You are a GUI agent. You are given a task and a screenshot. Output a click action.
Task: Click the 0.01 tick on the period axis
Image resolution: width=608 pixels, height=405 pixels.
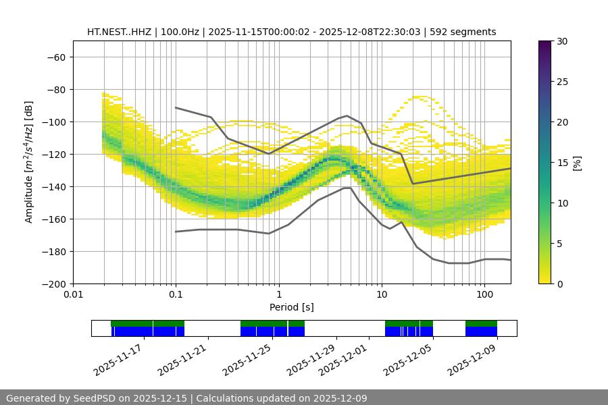click(73, 294)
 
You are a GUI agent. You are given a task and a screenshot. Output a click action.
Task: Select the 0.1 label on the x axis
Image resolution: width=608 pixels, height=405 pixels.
click(176, 294)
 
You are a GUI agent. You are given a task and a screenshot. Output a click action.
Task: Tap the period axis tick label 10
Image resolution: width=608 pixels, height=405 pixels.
click(382, 294)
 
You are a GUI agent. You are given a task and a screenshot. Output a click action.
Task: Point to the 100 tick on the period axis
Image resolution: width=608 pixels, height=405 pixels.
click(484, 294)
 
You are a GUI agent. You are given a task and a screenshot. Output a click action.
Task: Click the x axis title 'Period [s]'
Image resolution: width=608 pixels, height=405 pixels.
click(291, 307)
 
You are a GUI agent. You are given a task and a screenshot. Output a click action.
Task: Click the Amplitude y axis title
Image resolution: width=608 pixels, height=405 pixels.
click(29, 163)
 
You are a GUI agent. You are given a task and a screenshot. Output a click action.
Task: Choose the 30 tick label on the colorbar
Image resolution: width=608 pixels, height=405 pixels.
click(561, 41)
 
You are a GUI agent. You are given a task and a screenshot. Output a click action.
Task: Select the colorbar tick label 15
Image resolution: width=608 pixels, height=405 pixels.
click(561, 163)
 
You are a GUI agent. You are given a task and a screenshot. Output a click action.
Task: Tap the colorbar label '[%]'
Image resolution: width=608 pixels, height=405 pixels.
click(577, 163)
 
